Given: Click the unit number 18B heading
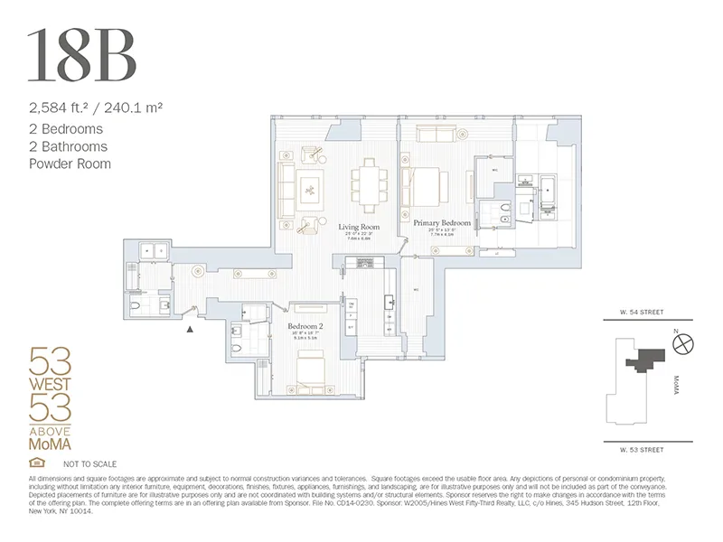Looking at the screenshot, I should point(82,56).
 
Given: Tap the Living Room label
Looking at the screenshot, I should point(359,227).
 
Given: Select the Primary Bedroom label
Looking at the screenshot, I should point(442,222).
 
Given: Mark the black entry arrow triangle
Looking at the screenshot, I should point(189,331).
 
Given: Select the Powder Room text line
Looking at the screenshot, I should point(70,164).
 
